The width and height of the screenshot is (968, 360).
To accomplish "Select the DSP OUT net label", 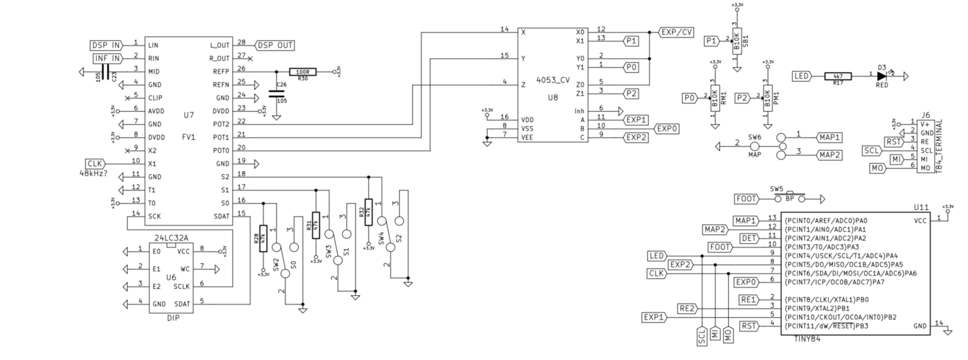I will pyautogui.click(x=275, y=45).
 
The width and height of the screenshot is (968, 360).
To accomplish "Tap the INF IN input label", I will pyautogui.click(x=107, y=59).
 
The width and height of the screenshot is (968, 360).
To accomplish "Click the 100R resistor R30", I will pyautogui.click(x=302, y=72).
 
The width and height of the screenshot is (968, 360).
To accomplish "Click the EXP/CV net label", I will pyautogui.click(x=676, y=32).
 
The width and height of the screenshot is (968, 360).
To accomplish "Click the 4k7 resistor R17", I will pyautogui.click(x=838, y=76).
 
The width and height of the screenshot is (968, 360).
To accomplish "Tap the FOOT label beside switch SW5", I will pyautogui.click(x=747, y=199).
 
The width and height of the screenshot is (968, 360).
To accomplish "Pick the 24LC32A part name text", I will pyautogui.click(x=172, y=238).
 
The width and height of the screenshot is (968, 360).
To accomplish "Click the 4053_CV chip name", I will pyautogui.click(x=553, y=80).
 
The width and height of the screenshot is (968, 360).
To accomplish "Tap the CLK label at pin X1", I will pyautogui.click(x=96, y=164).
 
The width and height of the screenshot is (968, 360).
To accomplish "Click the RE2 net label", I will pyautogui.click(x=687, y=308).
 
